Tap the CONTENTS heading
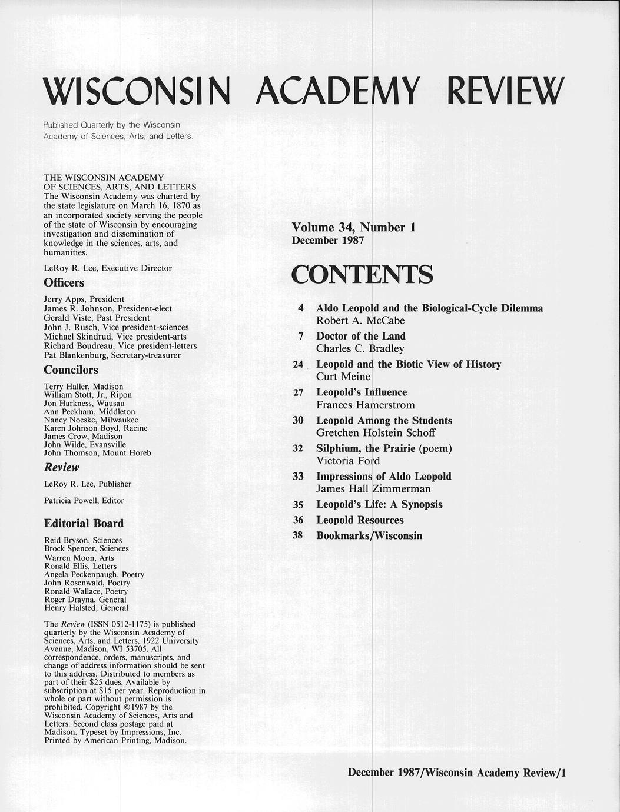[x=362, y=275]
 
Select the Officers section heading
[x=64, y=282]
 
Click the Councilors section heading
[x=71, y=370]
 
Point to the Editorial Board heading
[x=84, y=523]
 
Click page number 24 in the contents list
[x=297, y=365]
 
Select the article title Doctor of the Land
[x=360, y=336]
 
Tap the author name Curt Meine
[x=343, y=377]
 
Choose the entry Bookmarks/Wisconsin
[x=369, y=535]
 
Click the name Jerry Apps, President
[x=84, y=299]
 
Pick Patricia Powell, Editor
[x=84, y=501]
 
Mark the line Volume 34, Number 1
[x=353, y=227]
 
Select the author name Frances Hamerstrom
[x=365, y=405]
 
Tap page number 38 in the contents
[x=297, y=535]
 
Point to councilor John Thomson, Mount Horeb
[x=97, y=452]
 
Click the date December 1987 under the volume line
[x=328, y=240]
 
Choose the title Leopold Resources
[x=360, y=520]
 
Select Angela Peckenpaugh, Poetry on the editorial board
[x=94, y=574]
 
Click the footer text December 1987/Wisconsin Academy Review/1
[x=456, y=773]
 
